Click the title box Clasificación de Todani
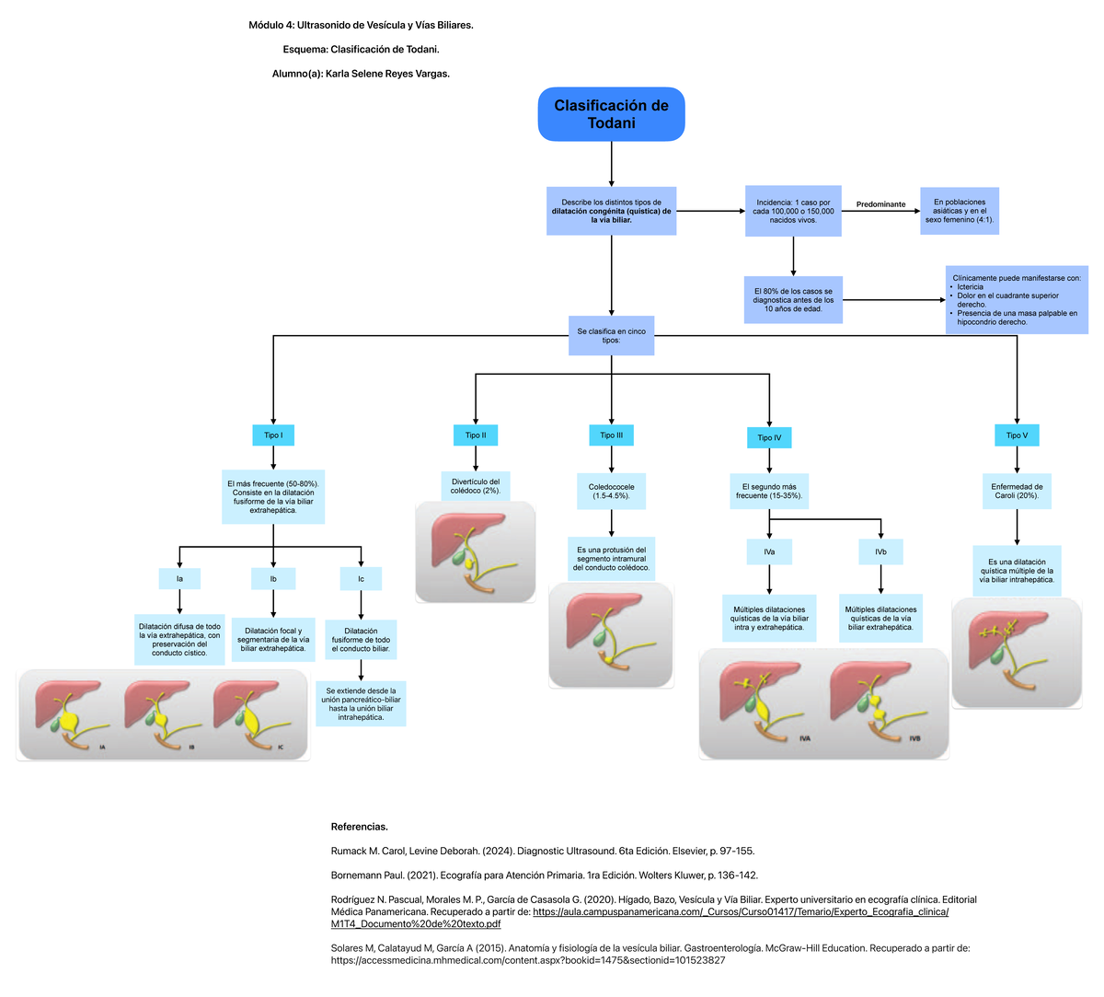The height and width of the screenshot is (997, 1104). pyautogui.click(x=611, y=114)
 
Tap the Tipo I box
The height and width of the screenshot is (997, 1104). pyautogui.click(x=273, y=435)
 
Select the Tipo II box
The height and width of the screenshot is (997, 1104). pyautogui.click(x=476, y=435)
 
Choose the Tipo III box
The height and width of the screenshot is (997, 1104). pyautogui.click(x=611, y=435)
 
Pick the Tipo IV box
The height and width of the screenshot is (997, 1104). pyautogui.click(x=769, y=438)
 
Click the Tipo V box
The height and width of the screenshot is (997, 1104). pyautogui.click(x=1017, y=435)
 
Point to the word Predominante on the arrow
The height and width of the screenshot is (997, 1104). pyautogui.click(x=880, y=204)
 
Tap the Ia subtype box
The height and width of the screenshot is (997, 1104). pyautogui.click(x=179, y=579)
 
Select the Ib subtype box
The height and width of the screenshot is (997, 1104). pyautogui.click(x=273, y=579)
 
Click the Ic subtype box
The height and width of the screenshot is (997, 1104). pyautogui.click(x=361, y=579)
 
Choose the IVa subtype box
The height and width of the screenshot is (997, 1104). pyautogui.click(x=769, y=552)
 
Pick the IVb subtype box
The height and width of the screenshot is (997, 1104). pyautogui.click(x=880, y=552)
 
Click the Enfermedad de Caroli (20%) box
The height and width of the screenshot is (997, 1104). pyautogui.click(x=1017, y=492)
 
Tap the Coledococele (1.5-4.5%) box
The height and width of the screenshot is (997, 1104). pyautogui.click(x=611, y=492)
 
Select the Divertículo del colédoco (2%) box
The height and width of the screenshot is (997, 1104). pyautogui.click(x=476, y=486)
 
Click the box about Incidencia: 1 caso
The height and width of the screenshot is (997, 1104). pyautogui.click(x=793, y=211)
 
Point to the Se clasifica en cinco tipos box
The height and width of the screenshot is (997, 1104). pyautogui.click(x=611, y=336)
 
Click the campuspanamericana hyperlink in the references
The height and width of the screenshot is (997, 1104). pyautogui.click(x=741, y=911)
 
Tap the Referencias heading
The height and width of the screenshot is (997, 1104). pyautogui.click(x=359, y=827)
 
